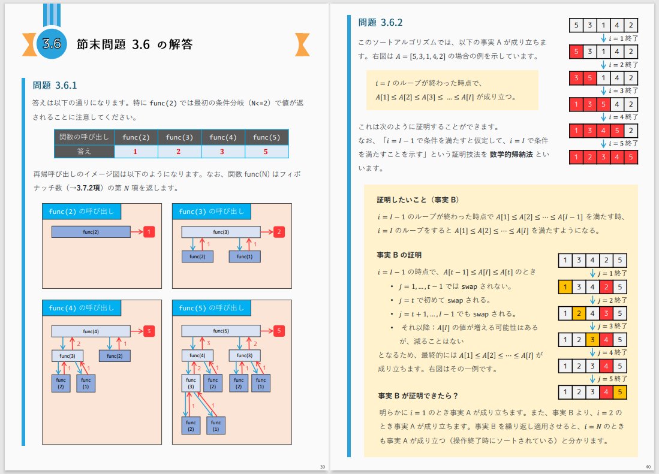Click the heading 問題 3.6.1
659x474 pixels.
(x=55, y=85)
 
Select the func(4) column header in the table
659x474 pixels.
(x=223, y=137)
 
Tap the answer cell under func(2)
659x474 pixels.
(x=136, y=152)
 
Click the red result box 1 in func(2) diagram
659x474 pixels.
(x=151, y=231)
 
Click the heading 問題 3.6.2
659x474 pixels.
(x=380, y=23)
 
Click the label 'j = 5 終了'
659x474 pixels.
(x=612, y=378)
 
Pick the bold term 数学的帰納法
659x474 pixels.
(x=513, y=155)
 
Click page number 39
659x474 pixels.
(x=323, y=467)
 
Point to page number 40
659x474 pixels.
(x=648, y=467)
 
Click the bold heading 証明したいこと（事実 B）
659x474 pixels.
(x=418, y=200)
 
